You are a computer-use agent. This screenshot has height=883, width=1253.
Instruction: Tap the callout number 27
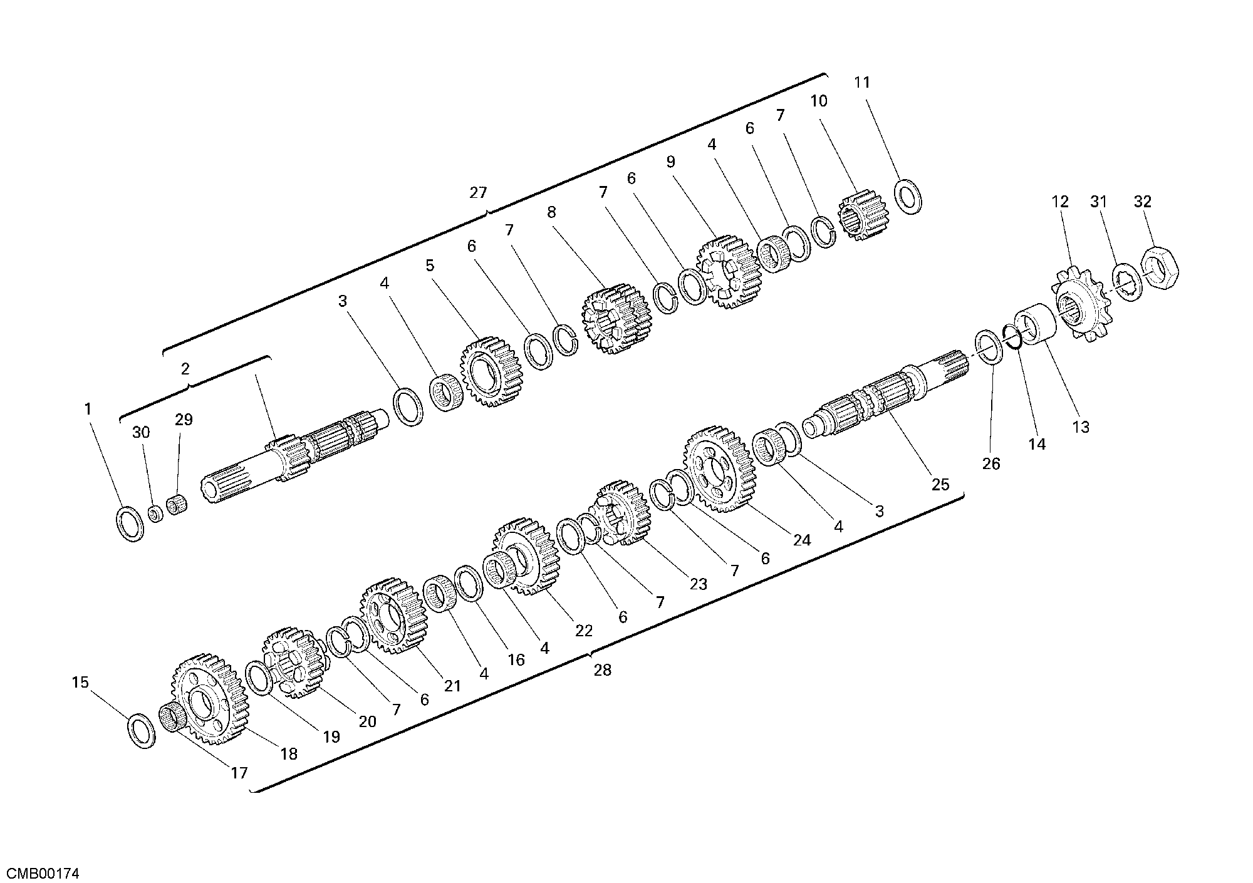click(478, 193)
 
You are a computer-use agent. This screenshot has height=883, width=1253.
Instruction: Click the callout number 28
click(602, 670)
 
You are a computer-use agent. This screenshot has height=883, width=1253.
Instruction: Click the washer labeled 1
click(130, 524)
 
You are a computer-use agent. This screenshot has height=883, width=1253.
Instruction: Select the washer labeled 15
click(142, 730)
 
